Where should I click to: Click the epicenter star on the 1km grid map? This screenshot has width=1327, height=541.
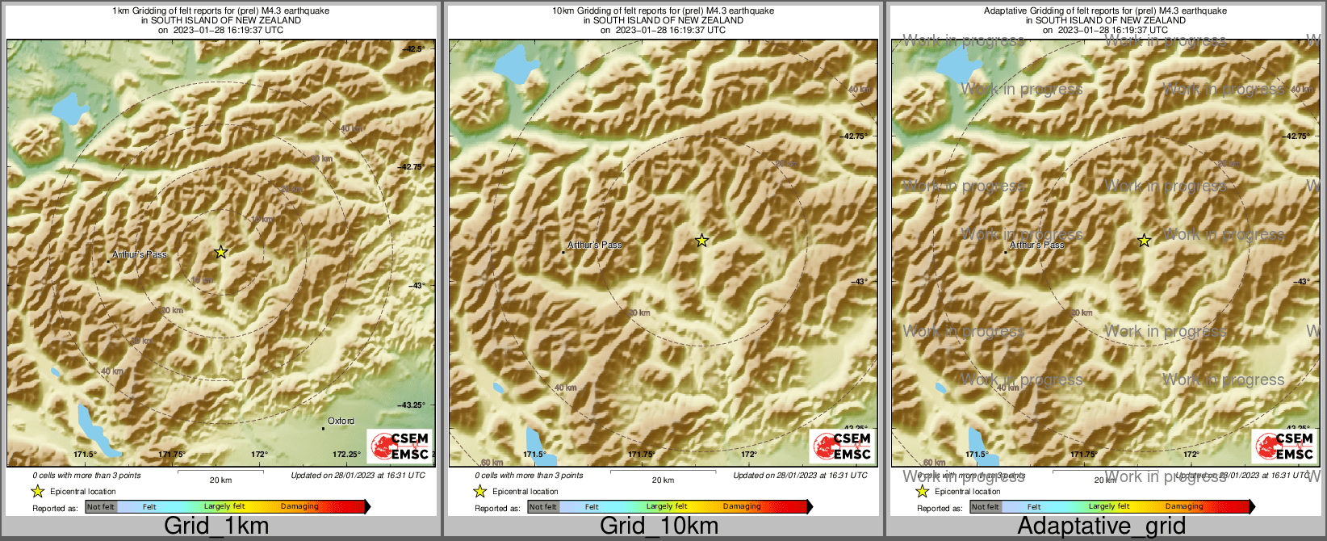(x=221, y=252)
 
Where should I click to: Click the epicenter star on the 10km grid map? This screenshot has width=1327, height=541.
(x=702, y=240)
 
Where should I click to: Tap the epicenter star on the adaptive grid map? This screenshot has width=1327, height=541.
(x=1145, y=240)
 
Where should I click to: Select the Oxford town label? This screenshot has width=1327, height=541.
(x=341, y=421)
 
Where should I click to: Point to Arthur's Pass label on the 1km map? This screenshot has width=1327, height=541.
(x=139, y=254)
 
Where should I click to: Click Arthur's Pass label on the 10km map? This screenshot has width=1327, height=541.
(x=595, y=245)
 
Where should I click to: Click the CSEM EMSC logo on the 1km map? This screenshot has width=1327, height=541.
(x=400, y=447)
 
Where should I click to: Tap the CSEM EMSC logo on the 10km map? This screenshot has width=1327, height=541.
(x=842, y=447)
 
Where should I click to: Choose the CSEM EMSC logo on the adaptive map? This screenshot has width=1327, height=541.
(x=1284, y=447)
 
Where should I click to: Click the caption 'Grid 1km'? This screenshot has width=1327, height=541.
(x=216, y=526)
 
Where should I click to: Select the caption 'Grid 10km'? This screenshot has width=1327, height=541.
(x=659, y=526)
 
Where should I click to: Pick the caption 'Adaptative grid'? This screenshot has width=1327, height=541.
(x=1101, y=526)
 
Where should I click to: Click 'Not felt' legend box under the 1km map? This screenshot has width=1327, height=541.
(x=101, y=507)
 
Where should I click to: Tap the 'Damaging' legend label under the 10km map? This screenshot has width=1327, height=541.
(x=742, y=506)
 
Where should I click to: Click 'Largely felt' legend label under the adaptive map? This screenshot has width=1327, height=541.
(x=1109, y=506)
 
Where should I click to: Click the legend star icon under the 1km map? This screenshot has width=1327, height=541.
(x=37, y=491)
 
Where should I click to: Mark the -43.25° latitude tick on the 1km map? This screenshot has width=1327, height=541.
(x=410, y=405)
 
